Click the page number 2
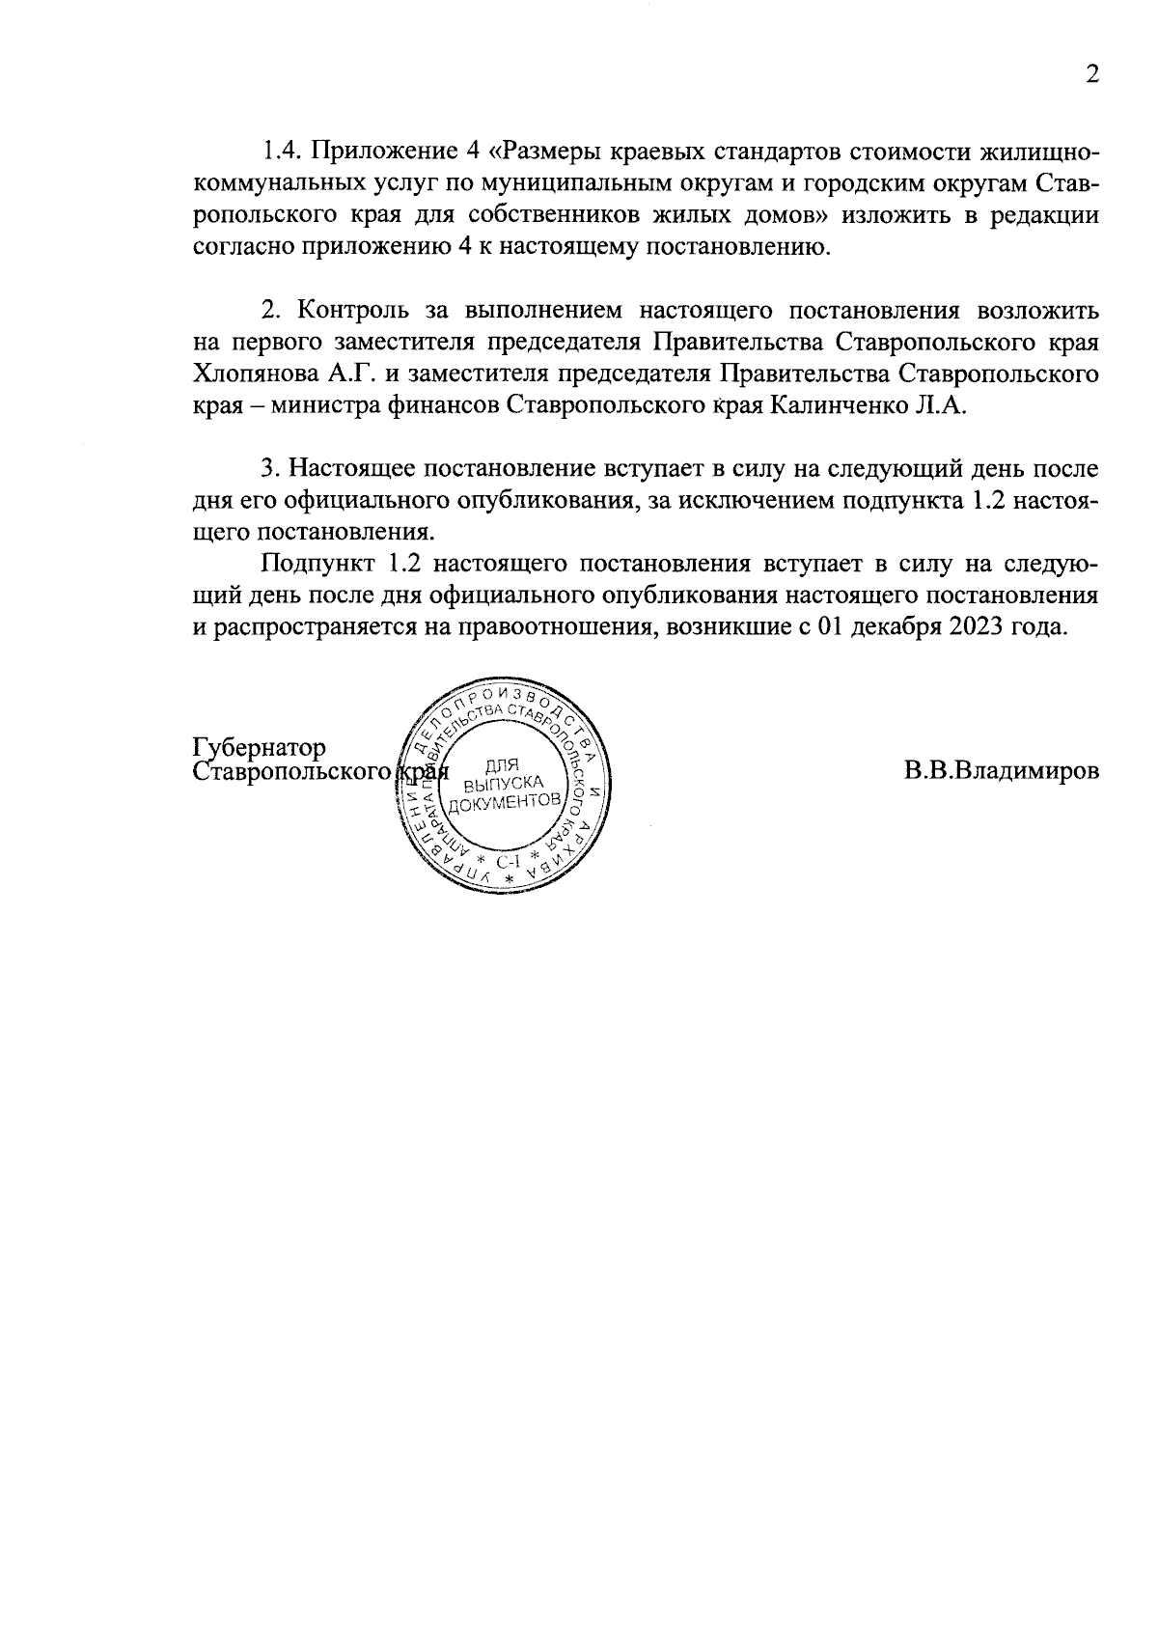1091,75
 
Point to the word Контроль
354,311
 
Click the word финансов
439,405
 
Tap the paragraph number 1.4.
283,152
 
